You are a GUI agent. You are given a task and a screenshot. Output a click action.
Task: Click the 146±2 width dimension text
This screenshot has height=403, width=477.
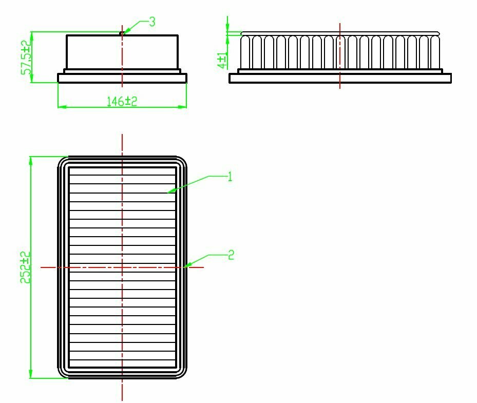click(x=122, y=101)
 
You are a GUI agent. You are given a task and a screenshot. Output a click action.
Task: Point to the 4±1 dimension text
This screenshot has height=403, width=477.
click(x=222, y=60)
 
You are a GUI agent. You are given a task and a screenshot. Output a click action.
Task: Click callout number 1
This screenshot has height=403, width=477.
click(x=230, y=177)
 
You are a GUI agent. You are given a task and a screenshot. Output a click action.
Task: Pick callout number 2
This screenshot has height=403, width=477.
click(x=231, y=255)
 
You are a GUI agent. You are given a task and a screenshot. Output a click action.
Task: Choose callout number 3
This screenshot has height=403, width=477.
click(x=152, y=22)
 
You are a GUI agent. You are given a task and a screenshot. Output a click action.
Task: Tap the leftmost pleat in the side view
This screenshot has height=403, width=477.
click(x=245, y=52)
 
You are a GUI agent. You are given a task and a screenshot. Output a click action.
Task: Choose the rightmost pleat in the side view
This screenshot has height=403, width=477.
click(x=436, y=52)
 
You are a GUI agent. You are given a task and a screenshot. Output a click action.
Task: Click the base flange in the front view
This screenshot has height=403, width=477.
click(x=122, y=78)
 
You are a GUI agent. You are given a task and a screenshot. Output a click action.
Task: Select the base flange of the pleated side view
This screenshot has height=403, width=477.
click(x=340, y=78)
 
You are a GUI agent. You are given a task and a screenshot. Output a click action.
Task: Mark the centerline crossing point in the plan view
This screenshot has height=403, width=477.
click(x=122, y=267)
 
